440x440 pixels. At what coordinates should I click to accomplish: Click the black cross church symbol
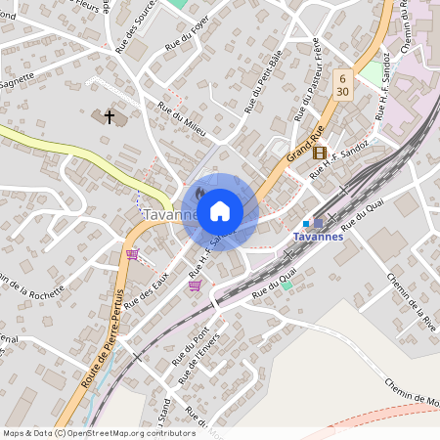pos(110,117)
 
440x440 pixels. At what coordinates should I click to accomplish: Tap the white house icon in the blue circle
pos(220,211)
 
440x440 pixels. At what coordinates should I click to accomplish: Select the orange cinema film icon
pos(319,152)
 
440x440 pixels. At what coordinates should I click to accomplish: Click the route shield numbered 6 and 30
pos(341,83)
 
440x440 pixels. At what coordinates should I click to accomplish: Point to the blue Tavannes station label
pos(319,238)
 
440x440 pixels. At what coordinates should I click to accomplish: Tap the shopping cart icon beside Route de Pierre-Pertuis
pos(132,254)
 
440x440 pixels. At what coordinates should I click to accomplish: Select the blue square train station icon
pos(306,224)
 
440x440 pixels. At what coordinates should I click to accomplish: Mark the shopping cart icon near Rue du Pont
pos(196,286)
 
